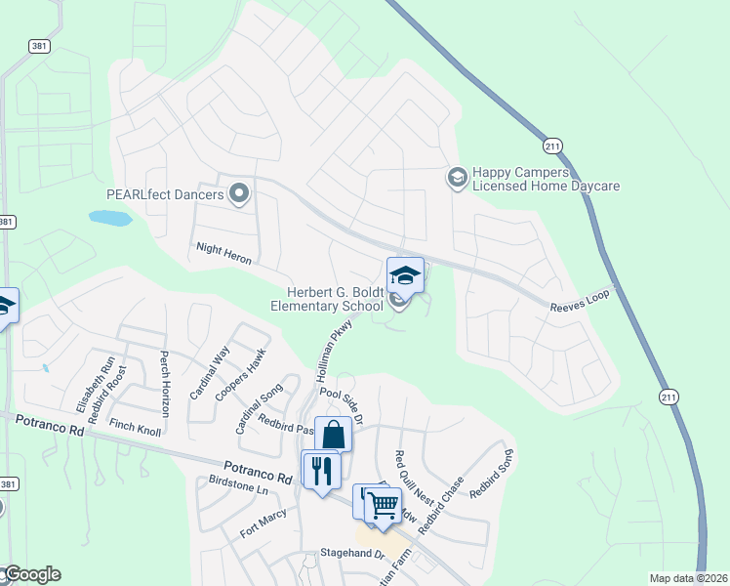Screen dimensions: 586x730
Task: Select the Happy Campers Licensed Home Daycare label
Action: point(547,178)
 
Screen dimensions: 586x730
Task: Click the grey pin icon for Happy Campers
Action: point(456,177)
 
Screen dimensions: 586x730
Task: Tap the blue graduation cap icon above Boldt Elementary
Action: point(405,275)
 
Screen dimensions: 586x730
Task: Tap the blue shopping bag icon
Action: point(333,435)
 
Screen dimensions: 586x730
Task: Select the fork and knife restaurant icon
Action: point(320,470)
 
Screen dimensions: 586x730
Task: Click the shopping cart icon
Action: point(384,505)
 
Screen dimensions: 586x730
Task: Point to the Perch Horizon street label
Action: point(165,383)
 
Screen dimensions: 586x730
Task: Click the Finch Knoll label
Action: point(136,426)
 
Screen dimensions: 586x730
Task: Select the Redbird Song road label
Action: point(491,473)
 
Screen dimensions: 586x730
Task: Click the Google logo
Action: point(31,574)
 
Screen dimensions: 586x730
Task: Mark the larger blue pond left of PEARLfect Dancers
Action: point(109,218)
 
